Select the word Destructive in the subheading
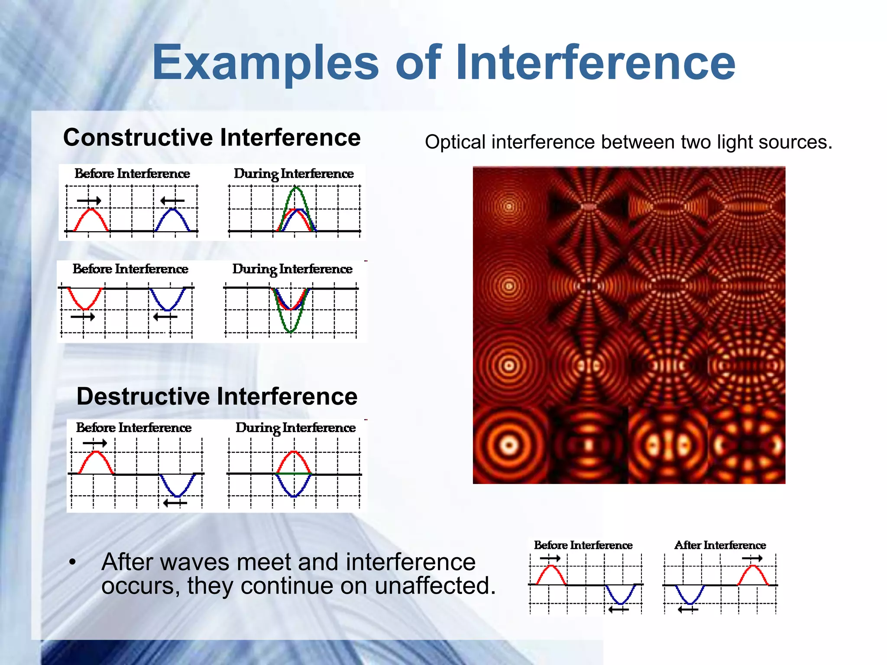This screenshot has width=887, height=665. [144, 397]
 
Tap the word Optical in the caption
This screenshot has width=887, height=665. [455, 142]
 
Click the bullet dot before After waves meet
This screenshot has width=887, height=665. [72, 562]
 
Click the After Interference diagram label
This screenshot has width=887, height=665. [720, 545]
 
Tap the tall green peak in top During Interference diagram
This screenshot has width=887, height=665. [296, 190]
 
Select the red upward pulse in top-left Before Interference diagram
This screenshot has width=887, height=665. [91, 212]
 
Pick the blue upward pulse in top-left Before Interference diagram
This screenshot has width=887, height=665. [172, 212]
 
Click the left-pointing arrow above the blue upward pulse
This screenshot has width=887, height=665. [172, 201]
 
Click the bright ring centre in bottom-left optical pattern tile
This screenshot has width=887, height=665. [509, 445]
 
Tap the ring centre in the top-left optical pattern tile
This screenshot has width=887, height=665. [509, 207]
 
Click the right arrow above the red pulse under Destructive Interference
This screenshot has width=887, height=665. [95, 443]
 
